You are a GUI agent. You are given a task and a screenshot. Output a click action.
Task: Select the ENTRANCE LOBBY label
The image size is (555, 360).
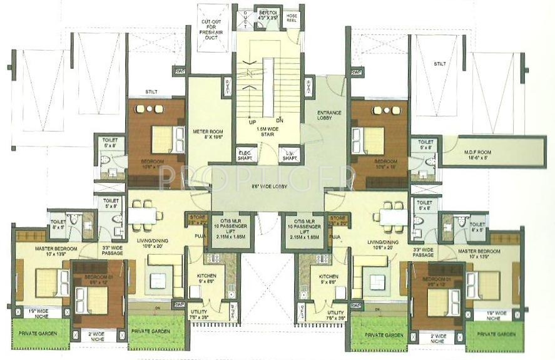[330, 116]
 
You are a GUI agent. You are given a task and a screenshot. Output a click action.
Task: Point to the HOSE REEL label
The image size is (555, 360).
[292, 16]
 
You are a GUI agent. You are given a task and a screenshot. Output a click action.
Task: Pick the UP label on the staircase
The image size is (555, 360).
[254, 121]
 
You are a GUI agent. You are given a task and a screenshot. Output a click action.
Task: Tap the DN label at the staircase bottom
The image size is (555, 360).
[280, 121]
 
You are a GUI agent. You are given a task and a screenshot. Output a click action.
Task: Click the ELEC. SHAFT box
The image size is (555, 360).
[245, 156]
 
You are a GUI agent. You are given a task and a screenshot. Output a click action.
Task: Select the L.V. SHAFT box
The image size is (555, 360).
[289, 156]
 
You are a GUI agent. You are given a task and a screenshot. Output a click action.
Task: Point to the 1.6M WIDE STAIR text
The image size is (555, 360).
[267, 130]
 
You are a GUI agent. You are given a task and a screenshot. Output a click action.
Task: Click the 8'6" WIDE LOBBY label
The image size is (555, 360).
[267, 187]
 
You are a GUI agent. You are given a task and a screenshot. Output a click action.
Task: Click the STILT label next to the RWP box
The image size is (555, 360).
[151, 92]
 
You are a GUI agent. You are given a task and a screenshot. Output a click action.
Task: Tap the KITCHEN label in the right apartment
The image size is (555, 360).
[329, 278]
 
